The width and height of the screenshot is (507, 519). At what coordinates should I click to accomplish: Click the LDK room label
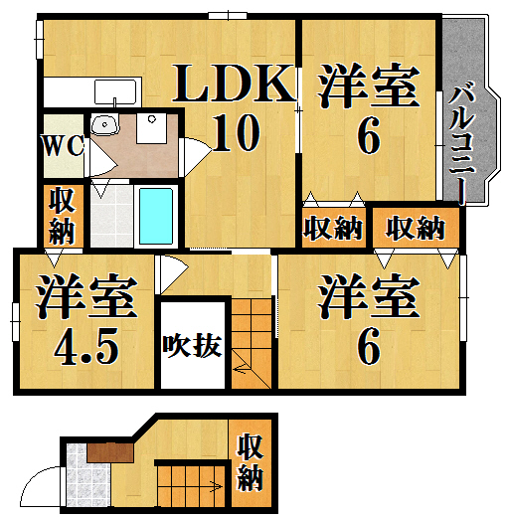tap(234, 83)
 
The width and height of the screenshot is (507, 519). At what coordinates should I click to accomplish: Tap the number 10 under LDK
tap(236, 132)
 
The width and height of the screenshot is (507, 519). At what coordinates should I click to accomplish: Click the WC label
tap(65, 146)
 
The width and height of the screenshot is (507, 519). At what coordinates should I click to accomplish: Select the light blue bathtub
tap(156, 216)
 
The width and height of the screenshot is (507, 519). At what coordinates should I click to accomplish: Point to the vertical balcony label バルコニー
tap(462, 142)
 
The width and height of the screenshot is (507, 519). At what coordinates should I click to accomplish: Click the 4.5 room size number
tap(86, 346)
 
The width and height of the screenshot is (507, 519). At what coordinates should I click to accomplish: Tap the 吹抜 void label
tap(192, 346)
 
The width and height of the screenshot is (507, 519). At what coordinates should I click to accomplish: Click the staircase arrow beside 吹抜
tap(241, 368)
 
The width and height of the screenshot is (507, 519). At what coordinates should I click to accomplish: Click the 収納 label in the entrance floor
tap(250, 462)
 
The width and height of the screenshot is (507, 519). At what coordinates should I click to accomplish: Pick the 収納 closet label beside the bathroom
tap(63, 216)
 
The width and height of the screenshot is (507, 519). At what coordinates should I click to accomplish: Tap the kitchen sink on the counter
tap(115, 92)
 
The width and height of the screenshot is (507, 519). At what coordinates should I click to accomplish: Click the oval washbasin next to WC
tap(104, 124)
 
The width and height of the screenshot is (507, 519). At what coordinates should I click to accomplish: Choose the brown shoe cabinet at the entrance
tap(110, 452)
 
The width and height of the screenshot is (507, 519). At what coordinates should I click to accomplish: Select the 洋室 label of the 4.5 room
tap(86, 296)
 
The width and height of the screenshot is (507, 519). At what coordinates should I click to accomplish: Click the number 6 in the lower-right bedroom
tap(368, 346)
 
